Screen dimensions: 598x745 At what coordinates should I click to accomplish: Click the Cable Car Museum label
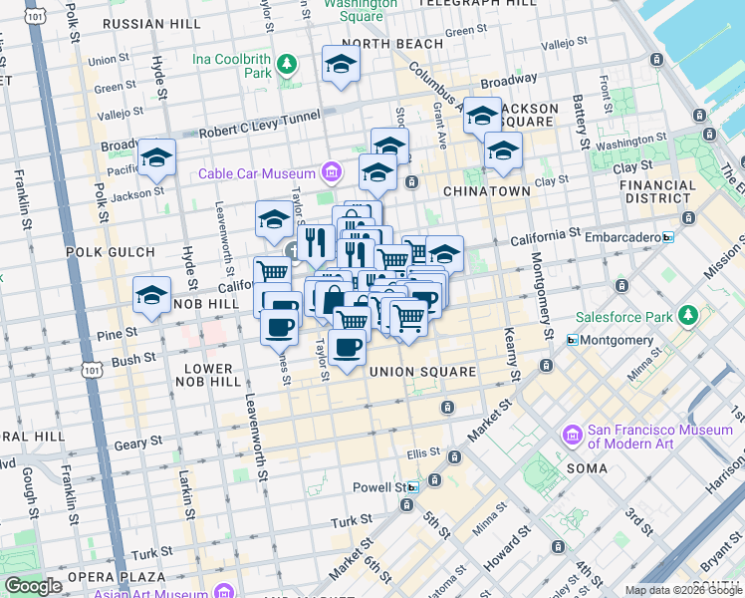(x=258, y=173)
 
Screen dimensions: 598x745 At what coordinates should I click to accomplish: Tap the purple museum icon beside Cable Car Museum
(x=332, y=173)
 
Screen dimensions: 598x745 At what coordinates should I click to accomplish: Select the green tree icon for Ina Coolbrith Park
(x=287, y=66)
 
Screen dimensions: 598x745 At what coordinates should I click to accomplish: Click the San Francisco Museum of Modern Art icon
(x=573, y=436)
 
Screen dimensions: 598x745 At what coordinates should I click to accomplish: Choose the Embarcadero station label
(x=622, y=237)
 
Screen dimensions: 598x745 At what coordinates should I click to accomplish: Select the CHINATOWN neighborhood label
(x=485, y=190)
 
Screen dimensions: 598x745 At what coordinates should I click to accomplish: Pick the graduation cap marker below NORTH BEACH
(x=341, y=65)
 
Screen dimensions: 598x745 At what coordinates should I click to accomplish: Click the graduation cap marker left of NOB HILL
(x=151, y=296)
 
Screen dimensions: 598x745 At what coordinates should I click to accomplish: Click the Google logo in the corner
(x=33, y=586)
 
